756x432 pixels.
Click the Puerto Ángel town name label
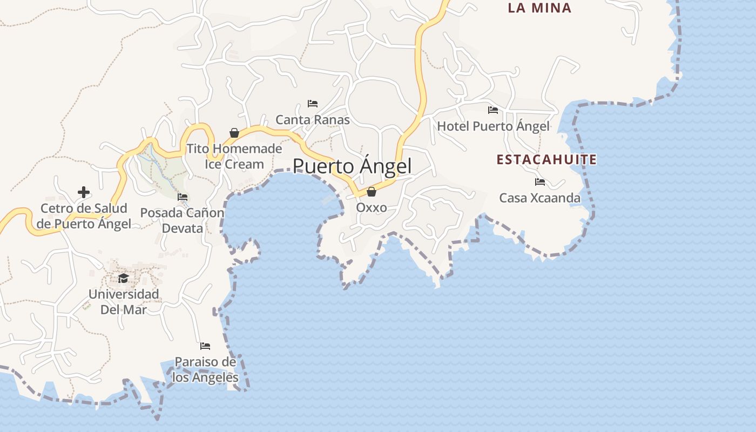(352, 166)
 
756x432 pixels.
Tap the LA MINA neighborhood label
(539, 8)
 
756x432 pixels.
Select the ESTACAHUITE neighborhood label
(546, 160)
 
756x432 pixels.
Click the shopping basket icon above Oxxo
(371, 192)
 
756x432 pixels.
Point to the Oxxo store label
(372, 207)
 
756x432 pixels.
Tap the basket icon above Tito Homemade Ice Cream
(234, 132)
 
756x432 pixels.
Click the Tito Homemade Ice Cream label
(234, 156)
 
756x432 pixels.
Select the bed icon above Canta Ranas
(312, 103)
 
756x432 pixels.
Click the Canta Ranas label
(313, 119)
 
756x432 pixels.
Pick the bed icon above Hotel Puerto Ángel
(493, 110)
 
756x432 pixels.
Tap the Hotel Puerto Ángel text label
(493, 126)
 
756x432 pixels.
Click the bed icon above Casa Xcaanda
(540, 182)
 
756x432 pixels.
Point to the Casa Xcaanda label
(540, 198)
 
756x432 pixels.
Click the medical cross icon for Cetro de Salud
(84, 192)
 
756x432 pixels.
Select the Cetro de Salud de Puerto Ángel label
(84, 216)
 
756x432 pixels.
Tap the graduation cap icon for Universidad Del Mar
(124, 279)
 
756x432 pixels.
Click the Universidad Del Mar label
(124, 302)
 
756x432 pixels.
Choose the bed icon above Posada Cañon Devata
(183, 197)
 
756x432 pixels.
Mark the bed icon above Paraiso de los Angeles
(205, 346)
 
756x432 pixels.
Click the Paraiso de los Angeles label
(205, 369)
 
